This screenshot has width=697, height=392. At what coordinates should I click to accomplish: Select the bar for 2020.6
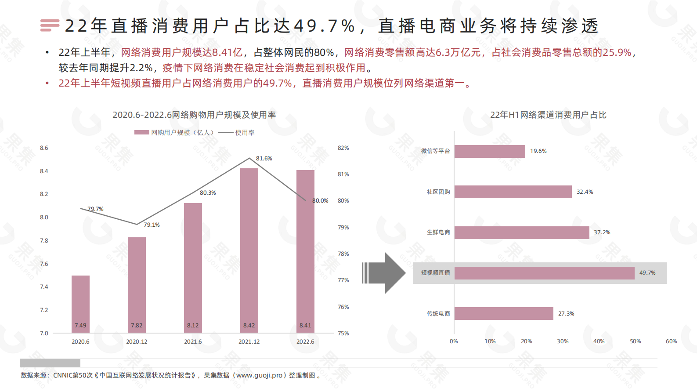[x=80, y=303]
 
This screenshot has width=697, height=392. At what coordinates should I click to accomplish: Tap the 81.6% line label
[x=264, y=159]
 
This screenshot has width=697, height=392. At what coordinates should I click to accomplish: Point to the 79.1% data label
[x=152, y=225]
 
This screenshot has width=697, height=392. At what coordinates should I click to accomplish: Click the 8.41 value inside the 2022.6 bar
[x=305, y=326]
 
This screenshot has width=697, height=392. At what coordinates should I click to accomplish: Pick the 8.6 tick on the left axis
[x=44, y=148]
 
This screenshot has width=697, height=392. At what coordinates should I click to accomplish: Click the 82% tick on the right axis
[x=343, y=148]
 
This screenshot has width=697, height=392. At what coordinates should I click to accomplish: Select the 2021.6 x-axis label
[x=193, y=342]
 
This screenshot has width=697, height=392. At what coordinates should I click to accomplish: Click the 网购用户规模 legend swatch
[x=141, y=132]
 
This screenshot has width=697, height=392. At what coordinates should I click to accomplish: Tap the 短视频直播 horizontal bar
[x=544, y=273]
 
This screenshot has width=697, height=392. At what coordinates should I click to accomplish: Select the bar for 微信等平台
[x=490, y=151]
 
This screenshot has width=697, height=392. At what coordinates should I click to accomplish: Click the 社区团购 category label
[x=438, y=192]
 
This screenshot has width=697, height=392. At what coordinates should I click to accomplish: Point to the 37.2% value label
[x=602, y=232]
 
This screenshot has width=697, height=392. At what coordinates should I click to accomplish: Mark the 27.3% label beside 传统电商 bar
[x=566, y=314]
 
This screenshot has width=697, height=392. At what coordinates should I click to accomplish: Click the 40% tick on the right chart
[x=599, y=341]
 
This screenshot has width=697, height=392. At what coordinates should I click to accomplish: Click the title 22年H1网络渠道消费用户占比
[x=548, y=115]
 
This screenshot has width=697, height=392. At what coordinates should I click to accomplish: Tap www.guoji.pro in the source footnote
[x=259, y=375]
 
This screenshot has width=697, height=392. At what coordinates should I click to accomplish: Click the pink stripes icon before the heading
[x=50, y=25]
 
